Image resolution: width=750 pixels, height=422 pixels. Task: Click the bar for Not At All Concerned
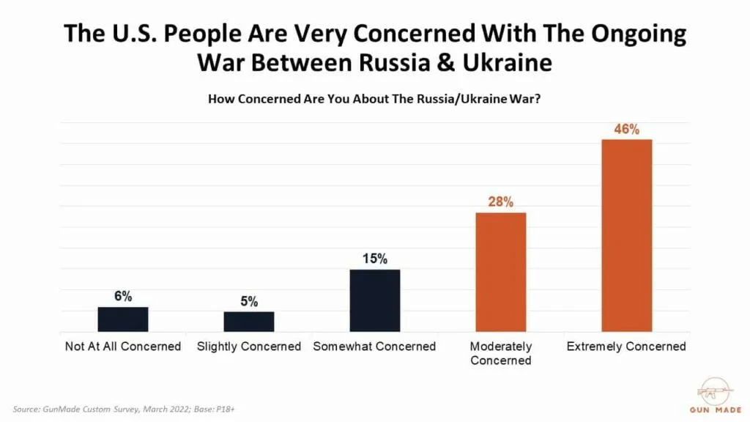coord(123,319)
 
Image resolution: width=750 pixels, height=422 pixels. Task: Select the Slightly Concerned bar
coord(248,322)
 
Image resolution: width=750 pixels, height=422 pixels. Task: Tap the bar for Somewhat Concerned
coord(374,300)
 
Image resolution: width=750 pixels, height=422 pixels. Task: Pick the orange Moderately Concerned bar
coord(501,272)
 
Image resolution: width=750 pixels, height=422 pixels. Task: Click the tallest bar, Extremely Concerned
coord(626,235)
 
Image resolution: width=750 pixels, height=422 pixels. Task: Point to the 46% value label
coord(626,130)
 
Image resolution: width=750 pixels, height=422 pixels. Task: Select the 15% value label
coord(374,259)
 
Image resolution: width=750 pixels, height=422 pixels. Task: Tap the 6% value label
coord(123,296)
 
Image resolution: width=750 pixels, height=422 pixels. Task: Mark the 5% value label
coord(248,301)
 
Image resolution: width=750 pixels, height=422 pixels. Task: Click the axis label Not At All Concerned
coord(123,347)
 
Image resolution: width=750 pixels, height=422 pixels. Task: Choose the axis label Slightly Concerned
coord(249,347)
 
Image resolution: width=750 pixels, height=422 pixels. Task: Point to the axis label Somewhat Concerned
coord(374,347)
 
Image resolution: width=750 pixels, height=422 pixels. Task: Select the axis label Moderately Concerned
coord(501,353)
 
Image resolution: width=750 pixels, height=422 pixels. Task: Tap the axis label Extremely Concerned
coord(626,347)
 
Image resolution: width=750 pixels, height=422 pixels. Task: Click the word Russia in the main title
coord(393,63)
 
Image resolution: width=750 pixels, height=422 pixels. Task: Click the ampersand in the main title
coord(450,63)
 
